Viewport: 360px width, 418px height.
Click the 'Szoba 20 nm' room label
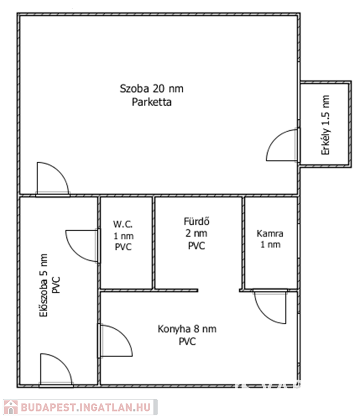155,89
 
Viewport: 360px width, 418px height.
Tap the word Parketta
152,102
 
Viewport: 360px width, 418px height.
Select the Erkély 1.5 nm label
326,125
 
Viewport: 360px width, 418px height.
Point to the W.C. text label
123,224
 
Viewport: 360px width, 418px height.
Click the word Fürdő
196,222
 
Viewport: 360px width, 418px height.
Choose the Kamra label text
270,233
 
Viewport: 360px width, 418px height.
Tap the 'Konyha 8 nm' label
187,329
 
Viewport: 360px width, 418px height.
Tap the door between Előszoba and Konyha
114,341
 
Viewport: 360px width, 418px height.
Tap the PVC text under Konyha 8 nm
187,342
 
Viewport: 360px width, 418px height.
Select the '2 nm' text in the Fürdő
196,233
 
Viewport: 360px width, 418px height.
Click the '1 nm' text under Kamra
270,245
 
